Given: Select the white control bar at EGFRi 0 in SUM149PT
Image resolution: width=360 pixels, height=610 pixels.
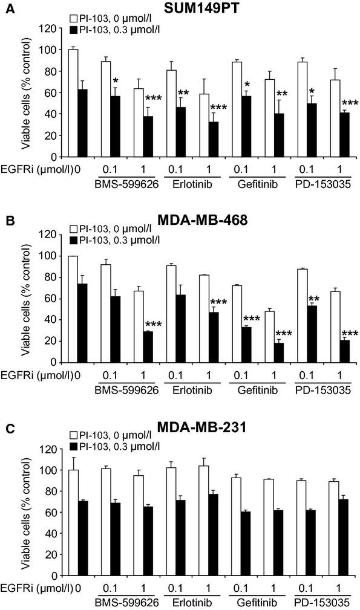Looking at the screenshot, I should click(73, 103).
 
